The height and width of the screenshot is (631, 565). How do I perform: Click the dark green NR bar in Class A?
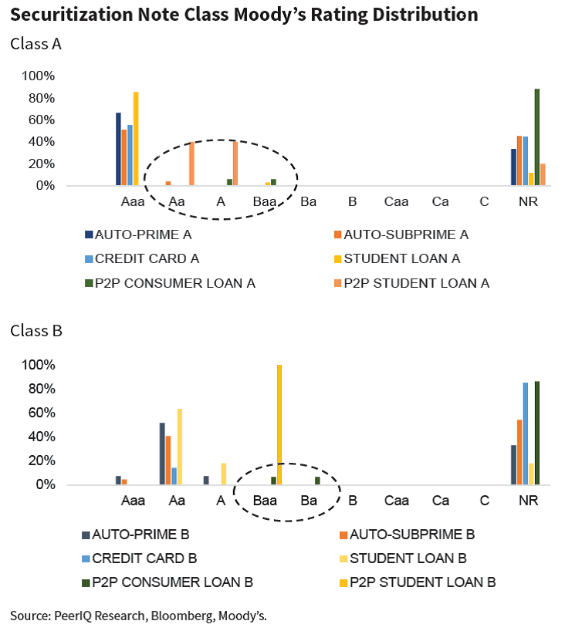click(536, 137)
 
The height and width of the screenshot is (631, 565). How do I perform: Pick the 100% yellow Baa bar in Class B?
click(279, 425)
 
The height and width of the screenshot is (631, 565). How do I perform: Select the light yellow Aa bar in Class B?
click(180, 447)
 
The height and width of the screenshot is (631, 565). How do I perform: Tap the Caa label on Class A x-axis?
click(396, 202)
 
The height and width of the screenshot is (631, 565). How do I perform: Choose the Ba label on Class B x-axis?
click(309, 501)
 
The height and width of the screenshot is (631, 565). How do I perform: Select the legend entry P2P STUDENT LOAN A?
click(416, 283)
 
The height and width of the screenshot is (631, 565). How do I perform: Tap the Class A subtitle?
click(36, 44)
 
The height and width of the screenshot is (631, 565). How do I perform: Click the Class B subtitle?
click(36, 331)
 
